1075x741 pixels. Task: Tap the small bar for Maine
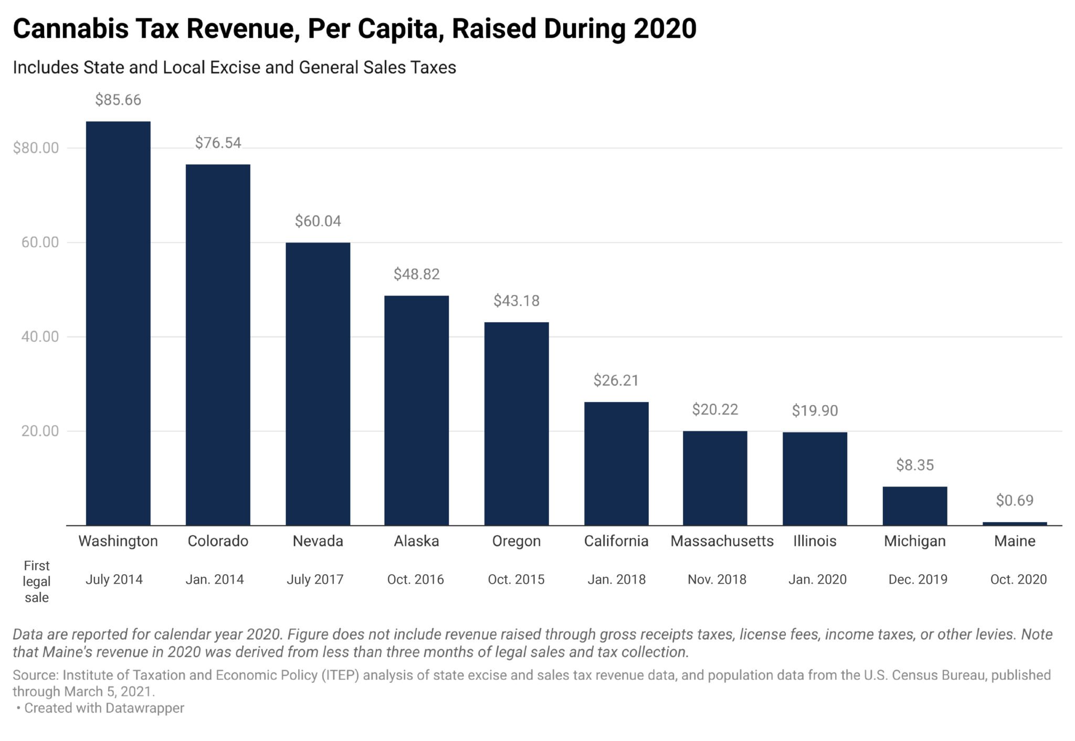[x=1014, y=523]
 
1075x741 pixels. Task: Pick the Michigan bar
[x=914, y=505]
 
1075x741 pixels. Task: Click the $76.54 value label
[x=218, y=143]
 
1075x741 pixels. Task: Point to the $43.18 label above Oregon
[x=516, y=301]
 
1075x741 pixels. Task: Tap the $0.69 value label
[x=1014, y=500]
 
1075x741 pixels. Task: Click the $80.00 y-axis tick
[x=36, y=148]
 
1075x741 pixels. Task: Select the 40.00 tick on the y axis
[x=40, y=336]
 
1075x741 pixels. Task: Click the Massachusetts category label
[x=722, y=541]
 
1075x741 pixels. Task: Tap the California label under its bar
[x=616, y=541]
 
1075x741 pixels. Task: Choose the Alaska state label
[x=416, y=541]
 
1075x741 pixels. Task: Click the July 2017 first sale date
[x=315, y=579]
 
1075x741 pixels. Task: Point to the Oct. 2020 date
[x=1018, y=579]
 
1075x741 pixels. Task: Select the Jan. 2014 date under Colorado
[x=215, y=579]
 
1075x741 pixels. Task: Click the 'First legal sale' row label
[x=36, y=581]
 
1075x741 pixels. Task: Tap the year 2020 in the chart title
[x=665, y=29]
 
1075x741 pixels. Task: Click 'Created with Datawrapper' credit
[x=104, y=708]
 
